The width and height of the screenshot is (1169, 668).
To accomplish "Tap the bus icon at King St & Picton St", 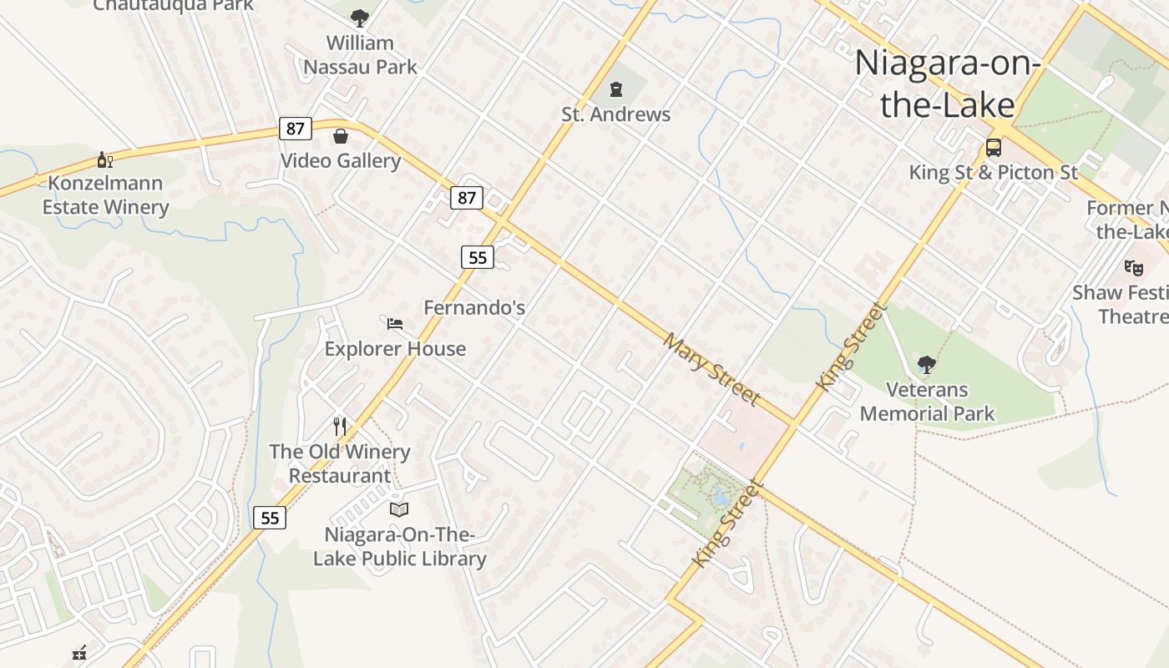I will tap(994, 148).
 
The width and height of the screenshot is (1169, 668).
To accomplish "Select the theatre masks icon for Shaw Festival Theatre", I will tap(1133, 268).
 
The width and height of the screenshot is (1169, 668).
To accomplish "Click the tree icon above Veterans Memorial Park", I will tap(926, 364).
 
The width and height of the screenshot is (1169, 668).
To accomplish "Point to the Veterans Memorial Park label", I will tap(927, 402).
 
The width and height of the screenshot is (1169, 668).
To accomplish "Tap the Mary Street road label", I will tap(712, 369).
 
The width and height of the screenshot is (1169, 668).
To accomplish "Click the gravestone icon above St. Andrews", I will tap(616, 89).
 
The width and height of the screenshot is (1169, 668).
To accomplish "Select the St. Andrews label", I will tap(616, 114).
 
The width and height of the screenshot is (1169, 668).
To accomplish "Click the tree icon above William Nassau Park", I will tap(360, 18).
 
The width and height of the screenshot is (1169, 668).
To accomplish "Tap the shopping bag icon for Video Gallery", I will tap(341, 136).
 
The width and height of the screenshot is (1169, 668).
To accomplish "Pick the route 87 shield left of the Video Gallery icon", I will tap(296, 129).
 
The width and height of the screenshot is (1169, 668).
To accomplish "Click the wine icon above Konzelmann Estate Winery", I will tap(105, 159).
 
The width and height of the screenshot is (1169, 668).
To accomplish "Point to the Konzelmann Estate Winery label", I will tap(106, 195).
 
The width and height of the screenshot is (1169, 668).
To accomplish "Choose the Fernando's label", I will tap(474, 307).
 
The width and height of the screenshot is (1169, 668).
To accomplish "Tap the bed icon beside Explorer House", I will tap(395, 323).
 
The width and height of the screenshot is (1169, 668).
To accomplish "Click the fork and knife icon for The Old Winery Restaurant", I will tap(340, 427).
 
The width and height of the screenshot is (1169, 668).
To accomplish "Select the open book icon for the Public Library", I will tap(399, 509).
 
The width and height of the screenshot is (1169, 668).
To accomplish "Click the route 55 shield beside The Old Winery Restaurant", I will tap(270, 518).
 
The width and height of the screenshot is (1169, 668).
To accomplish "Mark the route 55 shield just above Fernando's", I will tap(478, 257).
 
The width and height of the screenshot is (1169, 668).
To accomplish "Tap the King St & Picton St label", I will tap(994, 173).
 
